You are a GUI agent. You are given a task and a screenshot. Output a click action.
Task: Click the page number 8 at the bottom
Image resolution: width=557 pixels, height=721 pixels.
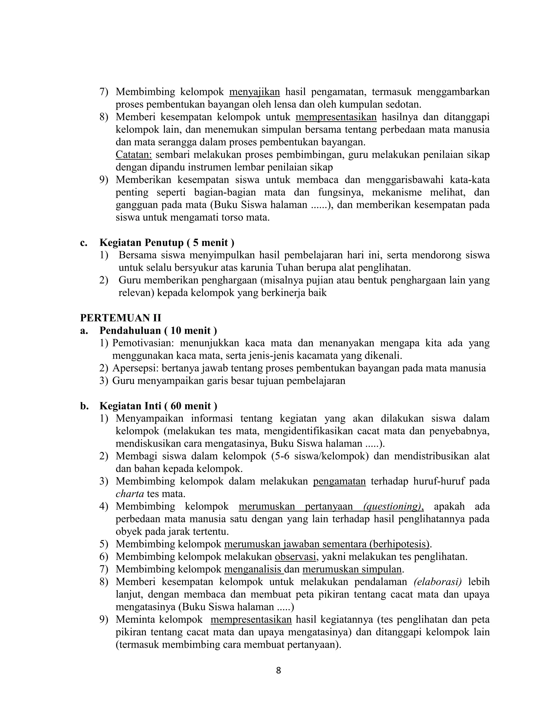point(278,670)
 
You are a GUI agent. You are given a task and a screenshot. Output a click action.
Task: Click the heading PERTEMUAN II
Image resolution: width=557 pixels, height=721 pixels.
point(120,318)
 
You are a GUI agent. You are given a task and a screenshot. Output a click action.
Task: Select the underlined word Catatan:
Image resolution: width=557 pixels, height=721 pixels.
point(134,155)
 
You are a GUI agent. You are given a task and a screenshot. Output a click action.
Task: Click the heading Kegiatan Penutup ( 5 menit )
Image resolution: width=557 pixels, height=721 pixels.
point(167,243)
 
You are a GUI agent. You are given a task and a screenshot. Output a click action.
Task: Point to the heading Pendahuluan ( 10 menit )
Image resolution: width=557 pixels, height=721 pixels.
point(158,331)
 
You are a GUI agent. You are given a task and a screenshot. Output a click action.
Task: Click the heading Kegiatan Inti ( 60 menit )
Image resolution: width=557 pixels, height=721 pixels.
point(158,406)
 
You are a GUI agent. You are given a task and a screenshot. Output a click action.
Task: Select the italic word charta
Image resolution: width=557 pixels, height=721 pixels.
point(130,494)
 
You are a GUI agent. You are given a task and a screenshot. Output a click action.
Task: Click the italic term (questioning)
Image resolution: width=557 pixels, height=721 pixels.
point(393,506)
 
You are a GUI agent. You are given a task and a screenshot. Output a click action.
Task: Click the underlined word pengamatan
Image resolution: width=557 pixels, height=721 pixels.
point(339,481)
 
